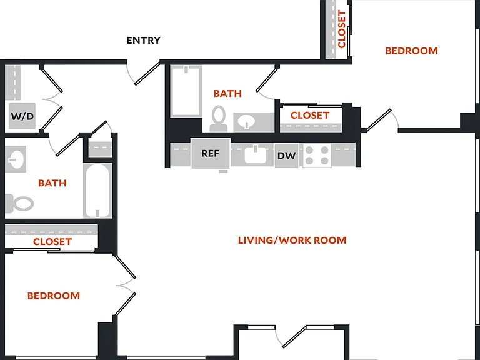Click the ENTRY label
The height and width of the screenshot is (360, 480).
pos(143,40)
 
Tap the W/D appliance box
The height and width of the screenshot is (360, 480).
pos(22,116)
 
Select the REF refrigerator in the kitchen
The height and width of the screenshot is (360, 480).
pos(211,153)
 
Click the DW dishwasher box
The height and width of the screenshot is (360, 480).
pos(286,156)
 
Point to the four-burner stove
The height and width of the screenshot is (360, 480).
pos(317,156)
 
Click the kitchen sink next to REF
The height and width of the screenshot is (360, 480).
pos(255,154)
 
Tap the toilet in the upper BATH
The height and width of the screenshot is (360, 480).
pos(219,119)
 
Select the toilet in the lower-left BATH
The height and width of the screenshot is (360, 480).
pos(19,203)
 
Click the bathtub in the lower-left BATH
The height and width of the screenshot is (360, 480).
pos(97,191)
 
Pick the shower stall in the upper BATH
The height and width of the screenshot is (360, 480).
pos(186,91)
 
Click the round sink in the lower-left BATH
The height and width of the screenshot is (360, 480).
pos(15,159)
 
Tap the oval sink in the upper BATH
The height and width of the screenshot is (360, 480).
pos(247,122)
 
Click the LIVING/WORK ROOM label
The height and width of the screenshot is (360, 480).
pos(292,240)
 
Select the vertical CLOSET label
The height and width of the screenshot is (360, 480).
pos(342,29)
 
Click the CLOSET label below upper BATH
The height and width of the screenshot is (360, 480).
pos(310,116)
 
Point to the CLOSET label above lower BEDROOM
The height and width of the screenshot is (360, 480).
pos(52,242)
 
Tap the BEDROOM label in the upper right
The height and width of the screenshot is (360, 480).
pos(411,51)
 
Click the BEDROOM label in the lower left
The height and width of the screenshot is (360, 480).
pos(54,296)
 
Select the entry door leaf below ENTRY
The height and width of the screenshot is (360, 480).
pos(147,73)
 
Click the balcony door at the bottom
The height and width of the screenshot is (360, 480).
pos(294,337)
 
